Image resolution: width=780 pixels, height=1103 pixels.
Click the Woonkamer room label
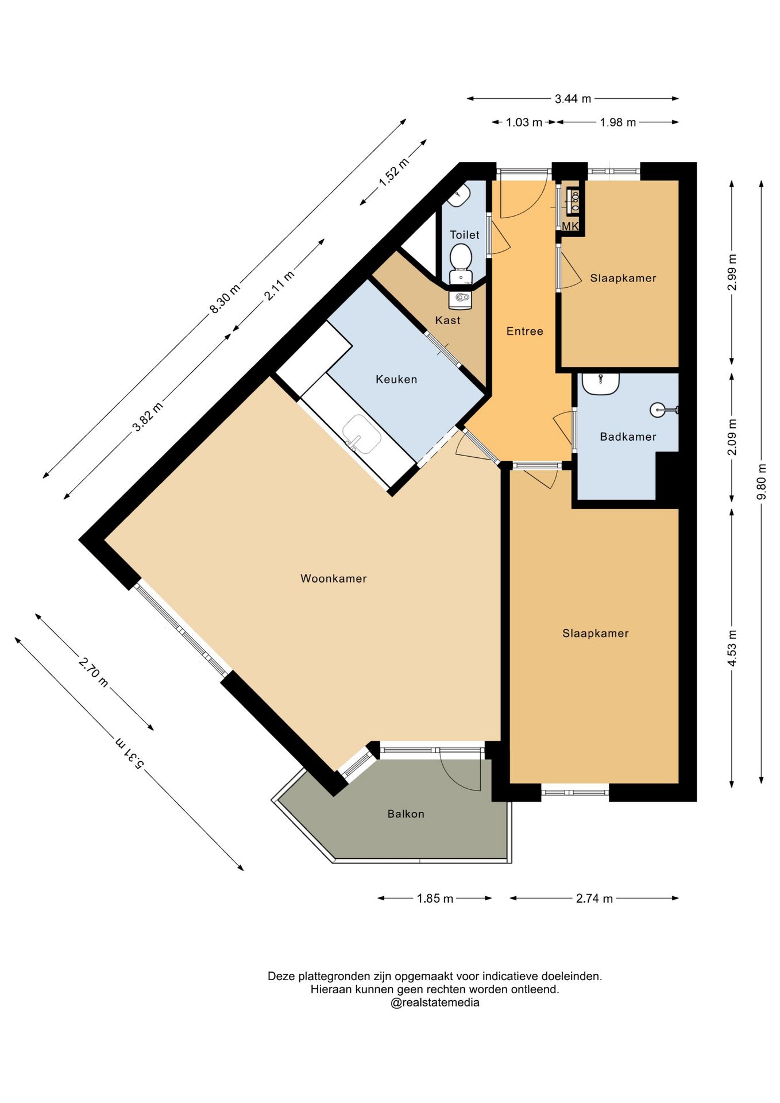(333, 579)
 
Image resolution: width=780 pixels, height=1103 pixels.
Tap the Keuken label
(396, 379)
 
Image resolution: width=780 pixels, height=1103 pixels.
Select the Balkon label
(406, 814)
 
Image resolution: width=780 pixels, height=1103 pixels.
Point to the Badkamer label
(628, 437)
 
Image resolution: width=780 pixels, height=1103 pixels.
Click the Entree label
(524, 331)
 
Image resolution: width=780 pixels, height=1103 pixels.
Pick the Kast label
(447, 320)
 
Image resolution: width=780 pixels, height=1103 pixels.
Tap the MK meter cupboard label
(570, 226)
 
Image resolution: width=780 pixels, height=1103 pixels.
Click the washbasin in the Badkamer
(601, 384)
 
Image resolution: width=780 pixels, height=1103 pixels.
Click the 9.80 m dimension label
(762, 481)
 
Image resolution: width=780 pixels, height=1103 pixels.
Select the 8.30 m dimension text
(225, 299)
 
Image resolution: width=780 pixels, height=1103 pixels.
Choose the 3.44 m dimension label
(573, 99)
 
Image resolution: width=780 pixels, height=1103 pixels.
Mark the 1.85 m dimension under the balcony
(435, 898)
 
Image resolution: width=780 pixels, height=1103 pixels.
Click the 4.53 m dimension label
(732, 648)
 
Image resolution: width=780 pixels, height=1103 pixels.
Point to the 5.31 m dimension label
(130, 753)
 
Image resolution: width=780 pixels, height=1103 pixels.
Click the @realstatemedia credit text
(435, 1003)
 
